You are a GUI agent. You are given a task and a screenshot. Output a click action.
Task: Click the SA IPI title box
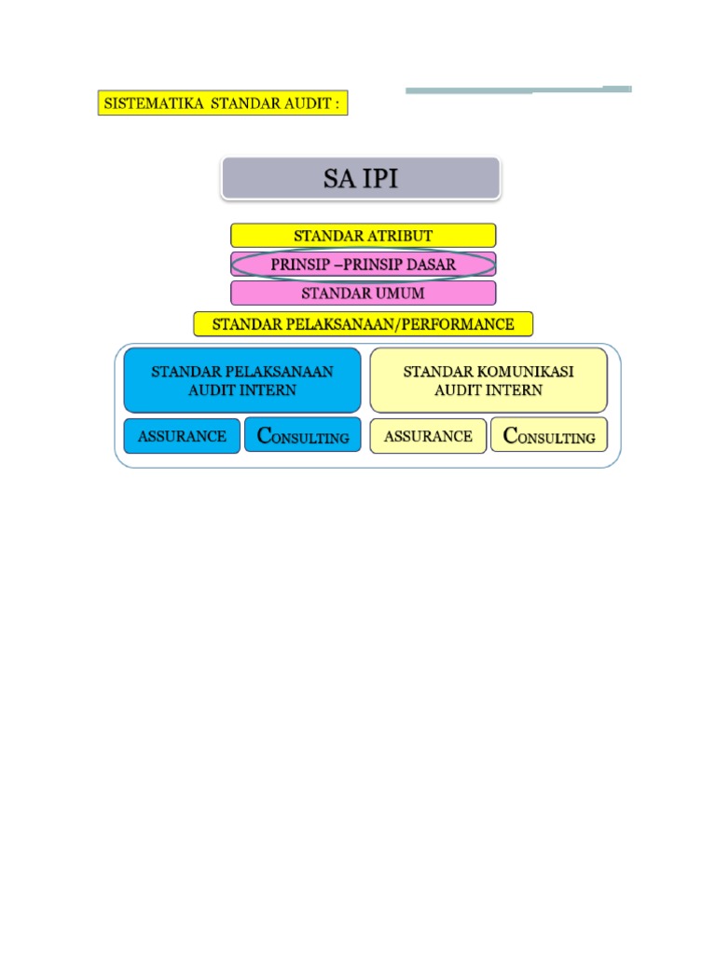(361, 178)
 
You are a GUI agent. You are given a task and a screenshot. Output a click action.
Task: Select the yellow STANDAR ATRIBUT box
(363, 235)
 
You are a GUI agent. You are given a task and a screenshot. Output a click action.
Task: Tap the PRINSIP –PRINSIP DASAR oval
(363, 265)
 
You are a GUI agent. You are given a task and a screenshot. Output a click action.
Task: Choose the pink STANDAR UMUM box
(363, 293)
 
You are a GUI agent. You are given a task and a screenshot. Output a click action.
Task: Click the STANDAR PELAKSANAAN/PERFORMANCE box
(363, 324)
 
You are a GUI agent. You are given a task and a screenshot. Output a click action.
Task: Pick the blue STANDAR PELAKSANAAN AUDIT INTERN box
(241, 380)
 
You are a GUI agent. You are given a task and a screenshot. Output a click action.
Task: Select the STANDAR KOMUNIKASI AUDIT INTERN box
(488, 380)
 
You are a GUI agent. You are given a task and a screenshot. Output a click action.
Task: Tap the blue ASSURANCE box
(182, 435)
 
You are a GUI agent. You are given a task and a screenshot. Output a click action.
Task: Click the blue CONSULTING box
(302, 435)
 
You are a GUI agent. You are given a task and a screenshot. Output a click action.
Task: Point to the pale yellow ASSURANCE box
(428, 435)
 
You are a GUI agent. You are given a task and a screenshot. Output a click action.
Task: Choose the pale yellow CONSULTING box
(548, 435)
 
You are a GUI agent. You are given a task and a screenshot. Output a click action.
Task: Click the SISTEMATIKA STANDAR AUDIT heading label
(222, 102)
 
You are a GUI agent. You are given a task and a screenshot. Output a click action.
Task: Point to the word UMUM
(397, 293)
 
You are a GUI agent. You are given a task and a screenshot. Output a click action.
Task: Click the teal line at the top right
(518, 90)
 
